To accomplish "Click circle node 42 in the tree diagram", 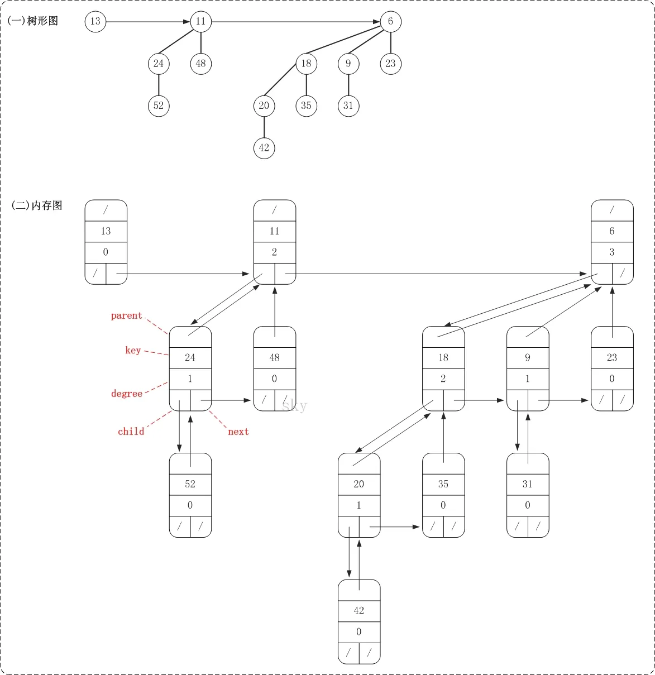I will tap(264, 148).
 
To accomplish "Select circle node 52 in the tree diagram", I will tap(159, 106).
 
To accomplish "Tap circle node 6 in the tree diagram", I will tap(390, 21).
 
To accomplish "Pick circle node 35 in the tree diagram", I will tap(306, 106).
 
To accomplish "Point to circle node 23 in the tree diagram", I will tap(390, 63).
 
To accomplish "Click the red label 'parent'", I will tap(126, 316).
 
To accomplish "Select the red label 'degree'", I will tap(127, 394).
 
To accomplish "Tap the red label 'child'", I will tap(131, 432).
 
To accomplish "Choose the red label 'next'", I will tap(238, 432).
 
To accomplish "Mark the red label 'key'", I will tap(133, 351).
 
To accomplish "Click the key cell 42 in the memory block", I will tap(358, 611).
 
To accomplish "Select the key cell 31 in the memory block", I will tap(528, 484).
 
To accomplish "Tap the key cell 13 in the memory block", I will tap(106, 231).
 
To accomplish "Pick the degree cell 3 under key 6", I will tap(612, 252).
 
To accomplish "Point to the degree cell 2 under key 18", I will tap(443, 379).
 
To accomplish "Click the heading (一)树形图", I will tap(32, 21).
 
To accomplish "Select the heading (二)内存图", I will tap(37, 205).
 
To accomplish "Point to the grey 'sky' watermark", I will tap(294, 406).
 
